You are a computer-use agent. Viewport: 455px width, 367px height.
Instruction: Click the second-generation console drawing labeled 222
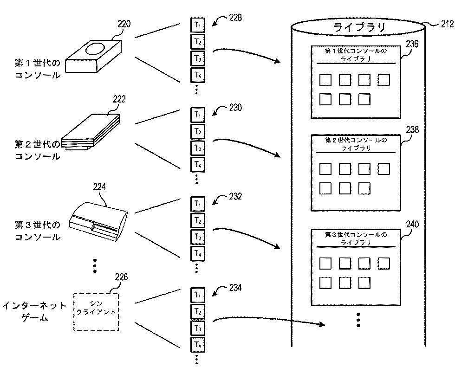click(x=91, y=133)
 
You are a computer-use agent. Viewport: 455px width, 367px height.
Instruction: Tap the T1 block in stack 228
click(x=197, y=25)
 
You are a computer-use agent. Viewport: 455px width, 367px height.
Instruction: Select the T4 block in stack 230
click(x=197, y=165)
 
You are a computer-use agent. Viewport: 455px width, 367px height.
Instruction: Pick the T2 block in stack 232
click(x=197, y=220)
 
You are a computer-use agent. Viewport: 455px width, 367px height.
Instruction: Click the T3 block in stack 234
click(x=197, y=328)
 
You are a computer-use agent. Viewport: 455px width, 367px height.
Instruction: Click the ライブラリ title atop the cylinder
click(x=359, y=27)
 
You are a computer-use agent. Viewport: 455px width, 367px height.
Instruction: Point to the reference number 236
click(x=412, y=45)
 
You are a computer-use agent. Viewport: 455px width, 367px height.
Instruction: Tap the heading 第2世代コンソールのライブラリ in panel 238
click(x=356, y=144)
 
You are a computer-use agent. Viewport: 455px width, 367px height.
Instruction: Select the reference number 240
click(x=412, y=225)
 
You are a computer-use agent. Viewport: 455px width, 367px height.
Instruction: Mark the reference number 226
click(x=121, y=278)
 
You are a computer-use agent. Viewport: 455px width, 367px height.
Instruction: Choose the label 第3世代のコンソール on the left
click(x=37, y=231)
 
